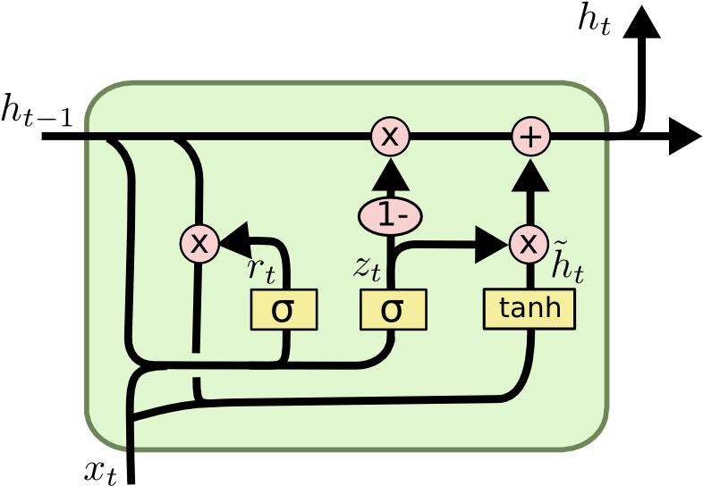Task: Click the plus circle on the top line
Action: click(x=530, y=137)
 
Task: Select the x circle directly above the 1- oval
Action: click(x=390, y=137)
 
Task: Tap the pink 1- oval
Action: click(x=390, y=215)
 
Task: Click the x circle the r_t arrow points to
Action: click(x=199, y=243)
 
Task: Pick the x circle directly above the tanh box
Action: click(x=529, y=243)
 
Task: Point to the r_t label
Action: click(x=260, y=268)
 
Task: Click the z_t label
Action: click(x=367, y=266)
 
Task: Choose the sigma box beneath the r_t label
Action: click(x=284, y=310)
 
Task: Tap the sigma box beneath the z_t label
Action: click(x=393, y=310)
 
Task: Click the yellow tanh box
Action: click(x=529, y=309)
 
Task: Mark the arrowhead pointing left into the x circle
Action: click(x=234, y=239)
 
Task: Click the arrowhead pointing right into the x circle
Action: click(x=491, y=244)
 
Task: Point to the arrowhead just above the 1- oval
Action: click(x=390, y=174)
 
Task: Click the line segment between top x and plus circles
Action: click(x=460, y=137)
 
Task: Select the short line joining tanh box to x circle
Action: click(x=529, y=275)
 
